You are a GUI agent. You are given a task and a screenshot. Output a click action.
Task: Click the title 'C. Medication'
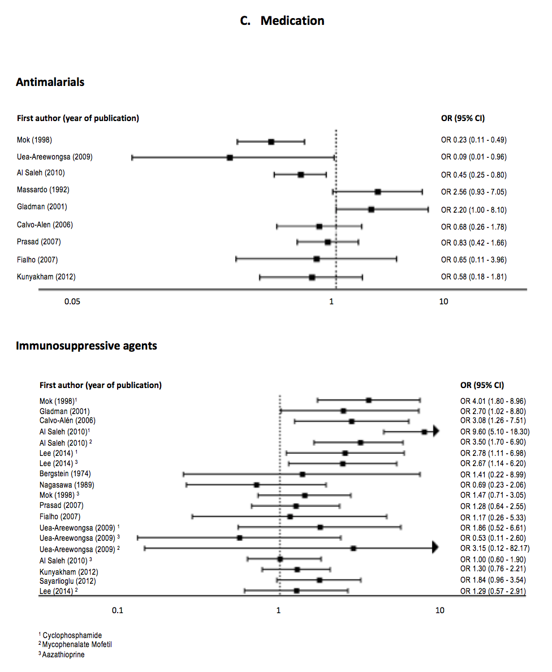tap(282, 21)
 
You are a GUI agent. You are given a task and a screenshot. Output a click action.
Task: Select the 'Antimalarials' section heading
tap(50, 82)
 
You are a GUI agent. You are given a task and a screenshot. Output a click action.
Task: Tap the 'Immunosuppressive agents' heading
tap(87, 346)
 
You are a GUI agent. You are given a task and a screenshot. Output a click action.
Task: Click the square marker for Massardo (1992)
tap(377, 192)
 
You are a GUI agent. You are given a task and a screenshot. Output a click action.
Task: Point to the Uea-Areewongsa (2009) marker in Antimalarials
tap(230, 157)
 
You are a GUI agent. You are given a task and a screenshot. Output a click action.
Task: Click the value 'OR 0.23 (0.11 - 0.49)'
tap(474, 140)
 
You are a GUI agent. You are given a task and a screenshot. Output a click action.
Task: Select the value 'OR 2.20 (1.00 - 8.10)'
tap(474, 210)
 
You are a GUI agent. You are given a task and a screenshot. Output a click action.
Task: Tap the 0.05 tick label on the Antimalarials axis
tap(72, 301)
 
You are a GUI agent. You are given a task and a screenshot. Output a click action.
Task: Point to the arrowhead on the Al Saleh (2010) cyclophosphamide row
tap(436, 432)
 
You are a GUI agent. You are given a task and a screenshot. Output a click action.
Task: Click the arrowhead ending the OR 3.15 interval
tap(435, 548)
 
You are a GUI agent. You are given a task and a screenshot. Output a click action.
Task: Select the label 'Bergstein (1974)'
tap(65, 473)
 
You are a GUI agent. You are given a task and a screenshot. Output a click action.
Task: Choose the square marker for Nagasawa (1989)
tap(256, 485)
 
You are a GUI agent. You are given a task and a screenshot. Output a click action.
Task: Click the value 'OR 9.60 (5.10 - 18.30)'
tap(495, 432)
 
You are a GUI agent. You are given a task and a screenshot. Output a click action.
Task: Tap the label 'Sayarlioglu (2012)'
tap(68, 581)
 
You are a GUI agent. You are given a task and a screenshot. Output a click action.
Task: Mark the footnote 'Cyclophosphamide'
tap(74, 635)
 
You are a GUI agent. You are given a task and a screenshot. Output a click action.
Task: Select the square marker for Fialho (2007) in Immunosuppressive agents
tap(290, 516)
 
